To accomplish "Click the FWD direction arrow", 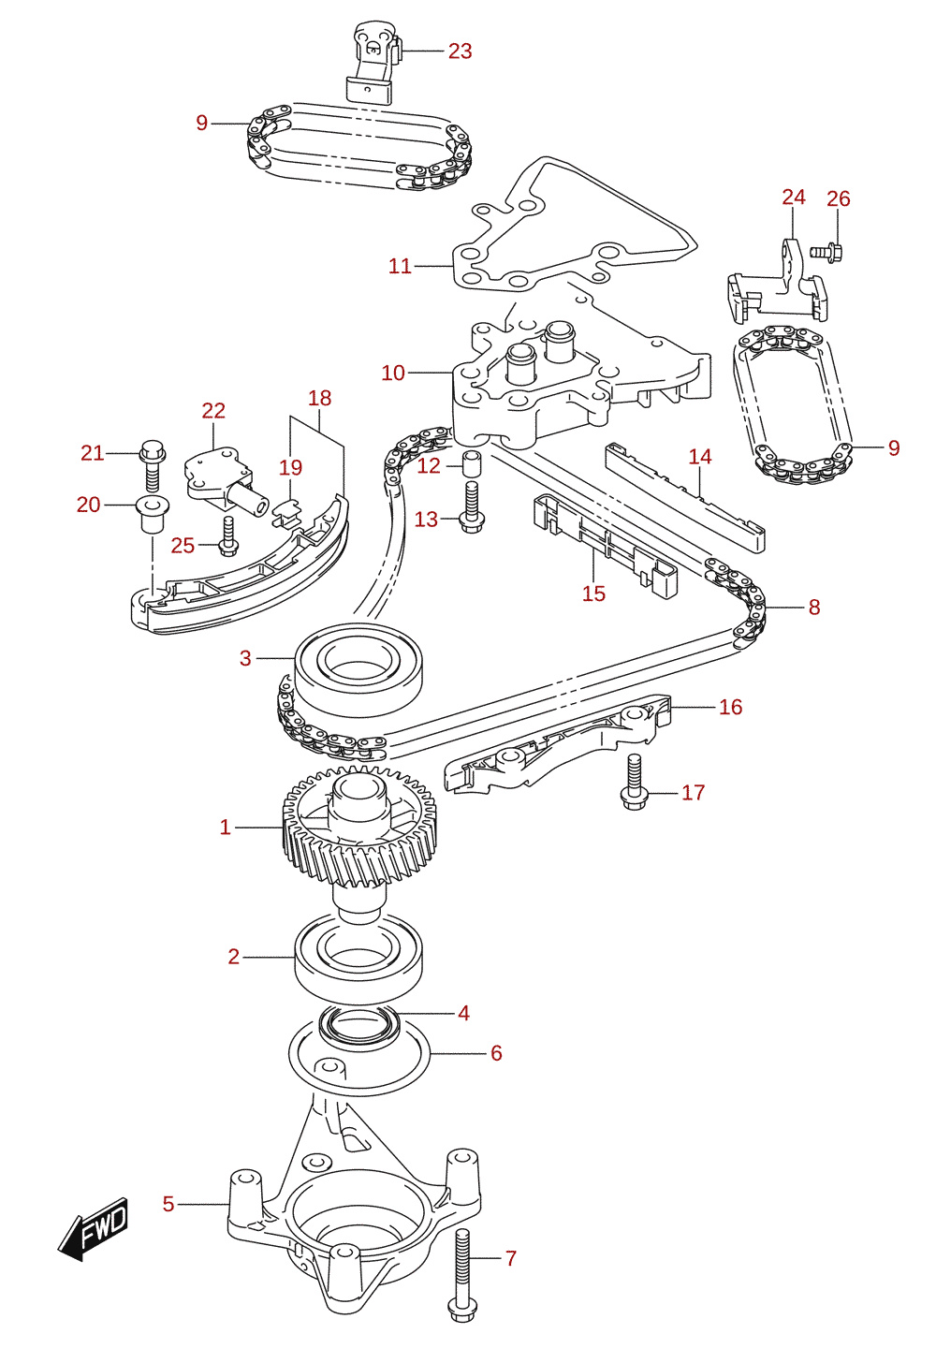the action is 93,1228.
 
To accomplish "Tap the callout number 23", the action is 461,51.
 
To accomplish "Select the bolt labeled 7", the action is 462,1275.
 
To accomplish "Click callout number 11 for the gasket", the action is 400,267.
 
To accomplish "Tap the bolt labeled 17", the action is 635,782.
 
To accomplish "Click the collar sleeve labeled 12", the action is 473,464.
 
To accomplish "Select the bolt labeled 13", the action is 471,507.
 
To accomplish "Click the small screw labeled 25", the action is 228,536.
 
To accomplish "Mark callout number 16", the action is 730,707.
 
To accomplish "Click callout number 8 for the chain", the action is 814,607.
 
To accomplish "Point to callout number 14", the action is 700,457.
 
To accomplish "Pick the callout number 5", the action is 168,1204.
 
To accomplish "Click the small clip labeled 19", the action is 287,511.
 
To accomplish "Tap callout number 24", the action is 794,198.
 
